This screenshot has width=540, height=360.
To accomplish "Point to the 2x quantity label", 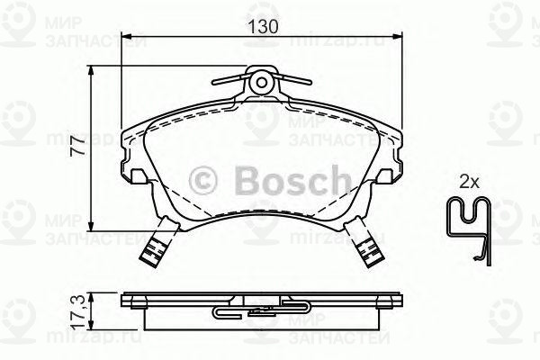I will tap(468, 182).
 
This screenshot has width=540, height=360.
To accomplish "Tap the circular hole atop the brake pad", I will tap(262, 83).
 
